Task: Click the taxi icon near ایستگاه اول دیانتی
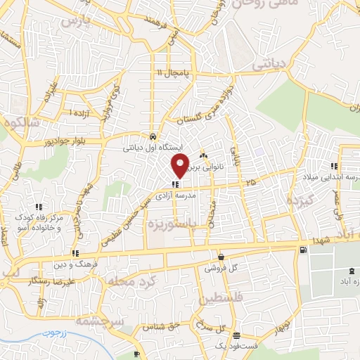point(153,136)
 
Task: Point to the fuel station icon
point(302,250)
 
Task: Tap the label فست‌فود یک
point(240,345)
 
